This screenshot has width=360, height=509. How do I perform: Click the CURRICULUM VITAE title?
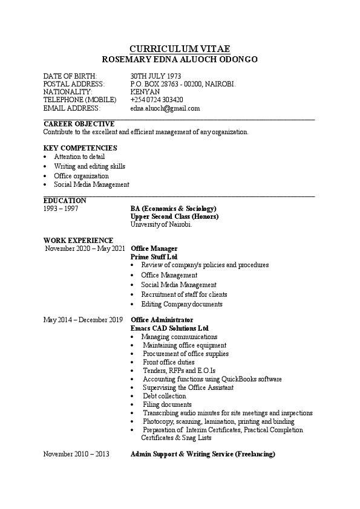[180, 48]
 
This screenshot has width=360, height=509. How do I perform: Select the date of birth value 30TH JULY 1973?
[155, 76]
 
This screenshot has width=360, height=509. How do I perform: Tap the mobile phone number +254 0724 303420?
[157, 100]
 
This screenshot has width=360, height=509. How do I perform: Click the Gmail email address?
[165, 108]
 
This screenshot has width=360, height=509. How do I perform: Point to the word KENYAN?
[145, 92]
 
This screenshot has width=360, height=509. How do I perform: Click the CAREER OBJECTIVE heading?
[79, 123]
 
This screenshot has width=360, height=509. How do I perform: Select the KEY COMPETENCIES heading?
[80, 148]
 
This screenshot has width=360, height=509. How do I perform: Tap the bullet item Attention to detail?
[79, 157]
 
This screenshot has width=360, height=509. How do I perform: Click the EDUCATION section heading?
[65, 201]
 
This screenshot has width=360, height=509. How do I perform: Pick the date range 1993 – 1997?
[61, 209]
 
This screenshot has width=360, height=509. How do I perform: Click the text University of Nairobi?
[161, 224]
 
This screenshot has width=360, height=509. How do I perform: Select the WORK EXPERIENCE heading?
[78, 241]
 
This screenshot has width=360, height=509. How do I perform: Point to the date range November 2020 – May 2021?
[85, 248]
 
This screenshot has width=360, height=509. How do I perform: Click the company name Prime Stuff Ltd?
[154, 257]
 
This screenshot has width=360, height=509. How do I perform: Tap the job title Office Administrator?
[162, 319]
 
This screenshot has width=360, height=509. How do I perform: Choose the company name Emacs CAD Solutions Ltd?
[169, 328]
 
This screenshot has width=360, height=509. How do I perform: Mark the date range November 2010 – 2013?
[76, 453]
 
